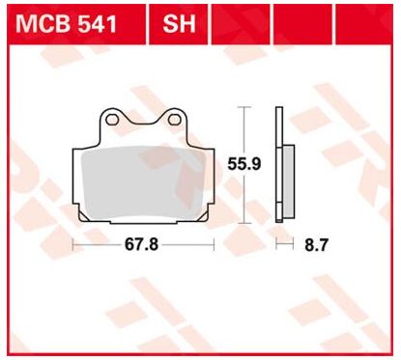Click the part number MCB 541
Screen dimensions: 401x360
coord(66,24)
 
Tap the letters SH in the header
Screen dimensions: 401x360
coord(179,24)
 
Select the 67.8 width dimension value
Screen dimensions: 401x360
coord(141,244)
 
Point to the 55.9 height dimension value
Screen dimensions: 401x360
coord(243,164)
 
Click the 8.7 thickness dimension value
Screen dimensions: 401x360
coord(316,245)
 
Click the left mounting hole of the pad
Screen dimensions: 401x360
coord(112,120)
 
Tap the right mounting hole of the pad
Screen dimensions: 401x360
coord(174,120)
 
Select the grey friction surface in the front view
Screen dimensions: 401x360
coord(144,181)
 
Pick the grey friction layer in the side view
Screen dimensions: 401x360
coord(288,182)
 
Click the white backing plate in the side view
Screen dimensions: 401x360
coord(279,165)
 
